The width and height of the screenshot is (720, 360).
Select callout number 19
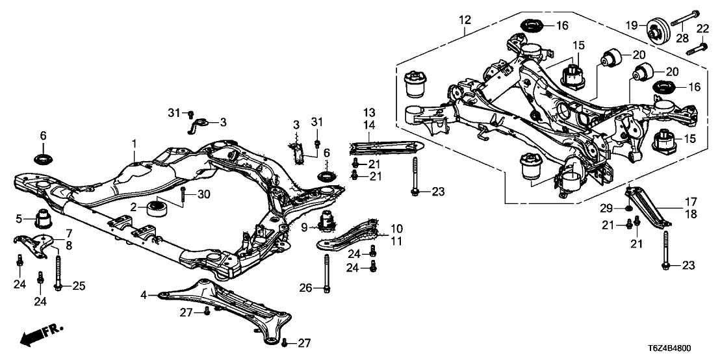(629, 25)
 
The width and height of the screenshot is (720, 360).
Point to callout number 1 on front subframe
(135, 142)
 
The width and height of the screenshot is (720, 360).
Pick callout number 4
(144, 296)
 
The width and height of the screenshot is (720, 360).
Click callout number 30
(203, 194)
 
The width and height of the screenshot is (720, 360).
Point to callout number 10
(396, 229)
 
